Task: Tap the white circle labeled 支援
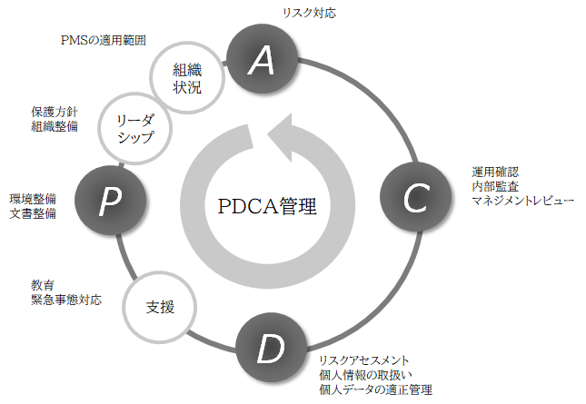(160, 306)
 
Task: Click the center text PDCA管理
(267, 206)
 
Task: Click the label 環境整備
(33, 199)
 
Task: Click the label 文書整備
(33, 213)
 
